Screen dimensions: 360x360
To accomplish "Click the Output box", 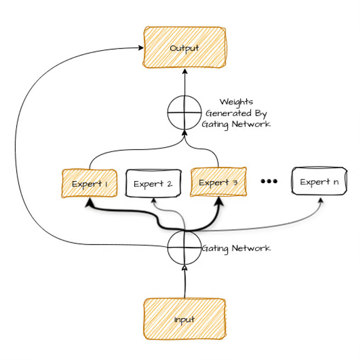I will click(184, 47).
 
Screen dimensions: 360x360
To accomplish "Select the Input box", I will click(184, 319).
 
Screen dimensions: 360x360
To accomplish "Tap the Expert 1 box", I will click(89, 184).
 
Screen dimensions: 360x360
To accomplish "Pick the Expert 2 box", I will click(153, 184).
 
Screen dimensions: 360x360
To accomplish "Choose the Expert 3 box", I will click(218, 182).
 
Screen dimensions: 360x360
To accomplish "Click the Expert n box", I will click(319, 182).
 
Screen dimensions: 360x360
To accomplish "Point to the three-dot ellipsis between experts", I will click(269, 181).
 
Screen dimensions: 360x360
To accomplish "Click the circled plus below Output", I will click(184, 112).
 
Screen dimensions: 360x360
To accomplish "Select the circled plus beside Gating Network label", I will click(184, 248).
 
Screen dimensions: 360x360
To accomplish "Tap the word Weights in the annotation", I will click(236, 102).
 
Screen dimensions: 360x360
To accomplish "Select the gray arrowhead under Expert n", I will click(322, 199).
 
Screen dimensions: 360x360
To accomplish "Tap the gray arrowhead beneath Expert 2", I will click(154, 201).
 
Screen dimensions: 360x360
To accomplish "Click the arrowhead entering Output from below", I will click(184, 72).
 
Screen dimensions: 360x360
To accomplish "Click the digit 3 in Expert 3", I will click(235, 182).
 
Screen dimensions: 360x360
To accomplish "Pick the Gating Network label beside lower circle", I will click(236, 248).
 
